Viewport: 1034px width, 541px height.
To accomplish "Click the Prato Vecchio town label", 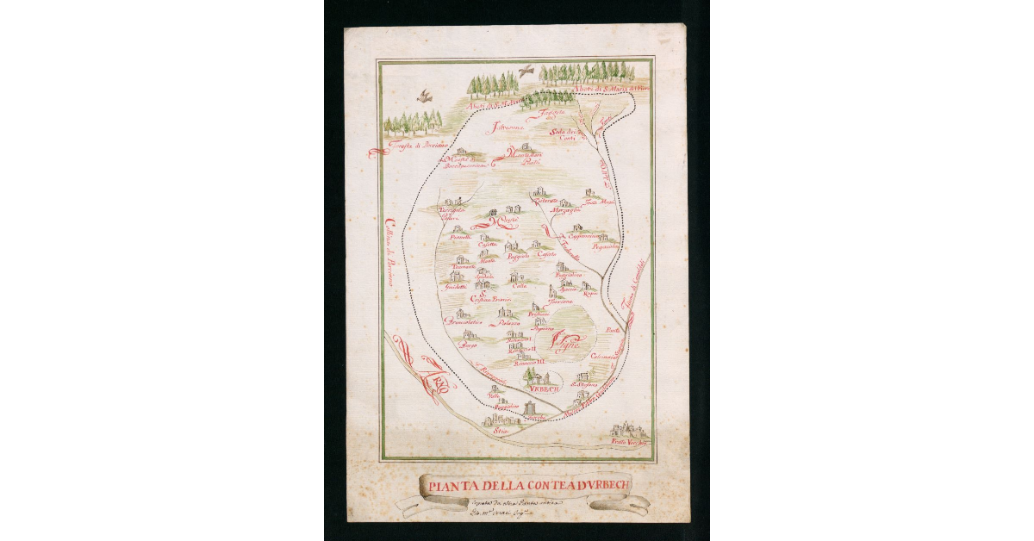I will pos(628,442).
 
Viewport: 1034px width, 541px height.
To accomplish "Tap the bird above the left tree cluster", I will pos(424,96).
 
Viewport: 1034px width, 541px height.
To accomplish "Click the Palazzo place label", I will pos(508,325).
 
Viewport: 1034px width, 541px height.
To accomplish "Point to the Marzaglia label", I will pos(564,211).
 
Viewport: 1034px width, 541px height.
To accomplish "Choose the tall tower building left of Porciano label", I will pos(529,407).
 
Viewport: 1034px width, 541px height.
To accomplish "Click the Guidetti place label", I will pos(455,287).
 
